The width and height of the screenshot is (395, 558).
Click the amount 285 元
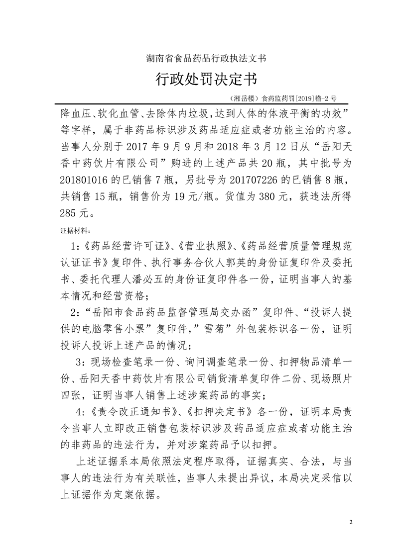click(75, 213)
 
